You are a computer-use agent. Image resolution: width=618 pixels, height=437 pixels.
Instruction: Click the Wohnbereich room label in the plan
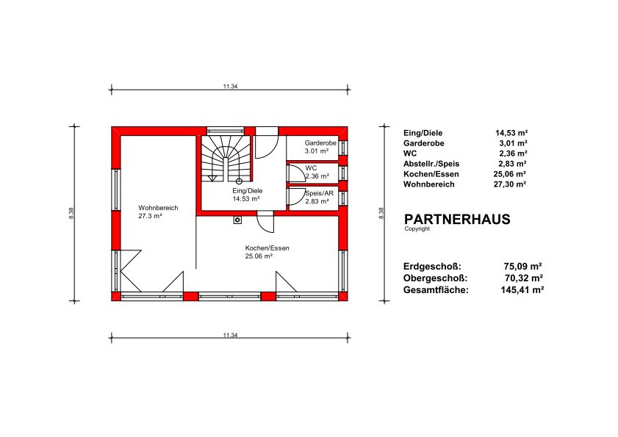(x=158, y=208)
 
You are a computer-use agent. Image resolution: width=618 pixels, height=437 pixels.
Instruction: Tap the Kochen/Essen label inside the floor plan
(x=267, y=248)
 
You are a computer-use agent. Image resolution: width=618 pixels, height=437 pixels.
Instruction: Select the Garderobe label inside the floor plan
(x=320, y=142)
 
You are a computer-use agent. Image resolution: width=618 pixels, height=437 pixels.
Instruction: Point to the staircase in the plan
(x=226, y=159)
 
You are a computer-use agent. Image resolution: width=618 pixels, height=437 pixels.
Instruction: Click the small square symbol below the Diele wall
(x=237, y=220)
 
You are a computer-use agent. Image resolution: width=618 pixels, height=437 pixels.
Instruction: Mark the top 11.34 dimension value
(x=230, y=86)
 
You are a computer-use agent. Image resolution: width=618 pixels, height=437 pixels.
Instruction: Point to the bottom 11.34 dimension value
(x=230, y=336)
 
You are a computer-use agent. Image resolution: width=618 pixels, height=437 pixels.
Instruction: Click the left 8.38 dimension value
(x=71, y=213)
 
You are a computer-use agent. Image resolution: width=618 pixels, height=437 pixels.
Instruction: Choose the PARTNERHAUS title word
(x=457, y=219)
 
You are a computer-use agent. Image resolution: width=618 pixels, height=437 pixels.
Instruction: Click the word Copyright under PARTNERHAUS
(x=417, y=229)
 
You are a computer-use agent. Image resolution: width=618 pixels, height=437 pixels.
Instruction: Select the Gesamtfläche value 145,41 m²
(x=522, y=290)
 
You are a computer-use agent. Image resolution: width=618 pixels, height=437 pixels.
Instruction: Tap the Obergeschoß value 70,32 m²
(x=524, y=278)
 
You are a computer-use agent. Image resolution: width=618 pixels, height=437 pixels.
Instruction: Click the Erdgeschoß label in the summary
(x=432, y=267)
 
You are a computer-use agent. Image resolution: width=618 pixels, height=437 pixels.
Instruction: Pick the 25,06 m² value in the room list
(x=510, y=174)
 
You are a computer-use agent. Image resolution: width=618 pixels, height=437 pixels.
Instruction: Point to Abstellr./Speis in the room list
(x=431, y=164)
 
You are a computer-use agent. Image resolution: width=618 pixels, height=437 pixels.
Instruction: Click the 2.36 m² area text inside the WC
(x=317, y=176)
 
